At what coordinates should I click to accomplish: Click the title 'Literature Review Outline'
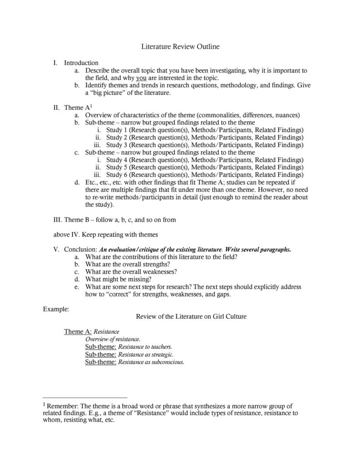180,47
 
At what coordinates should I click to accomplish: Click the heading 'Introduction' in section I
81,63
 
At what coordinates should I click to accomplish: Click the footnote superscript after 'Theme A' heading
85,106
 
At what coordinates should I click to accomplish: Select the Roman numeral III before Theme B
57,219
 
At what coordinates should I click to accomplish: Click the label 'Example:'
56,309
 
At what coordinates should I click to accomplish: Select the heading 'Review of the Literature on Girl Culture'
191,316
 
